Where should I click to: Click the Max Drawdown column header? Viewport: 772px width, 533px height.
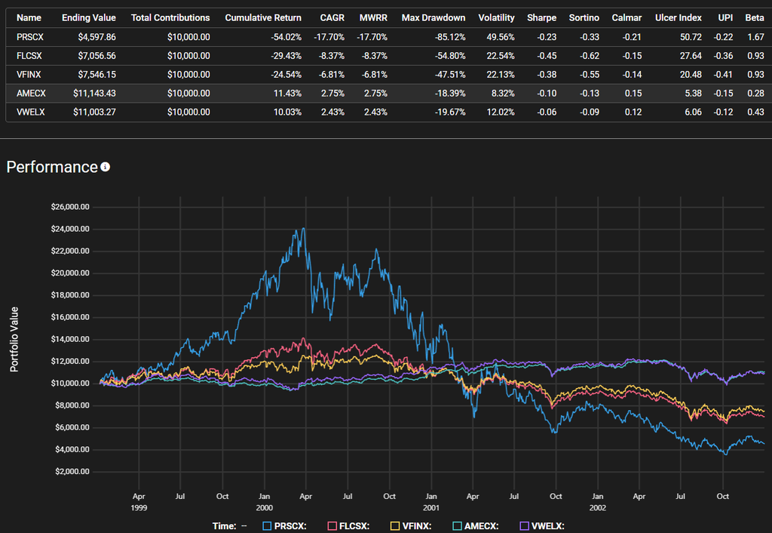point(433,17)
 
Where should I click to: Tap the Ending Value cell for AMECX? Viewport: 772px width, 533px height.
point(89,92)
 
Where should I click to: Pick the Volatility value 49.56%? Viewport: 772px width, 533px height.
point(496,36)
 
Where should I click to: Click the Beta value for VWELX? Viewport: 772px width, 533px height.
point(755,111)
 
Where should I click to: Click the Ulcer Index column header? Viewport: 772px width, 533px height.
point(679,17)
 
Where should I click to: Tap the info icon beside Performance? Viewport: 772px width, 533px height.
point(106,167)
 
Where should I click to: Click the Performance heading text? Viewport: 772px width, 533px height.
point(52,167)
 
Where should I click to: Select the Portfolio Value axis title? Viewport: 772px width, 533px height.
point(14,339)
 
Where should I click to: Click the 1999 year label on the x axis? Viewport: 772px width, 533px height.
point(138,507)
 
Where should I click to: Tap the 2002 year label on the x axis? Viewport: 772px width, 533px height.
point(597,507)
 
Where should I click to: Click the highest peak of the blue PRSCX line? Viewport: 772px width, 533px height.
point(303,229)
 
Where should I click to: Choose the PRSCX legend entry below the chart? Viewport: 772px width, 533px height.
point(284,526)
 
